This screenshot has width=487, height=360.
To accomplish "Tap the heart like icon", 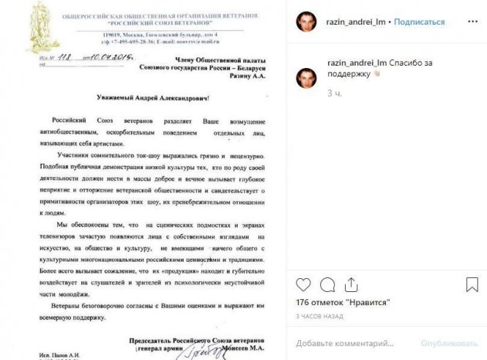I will (x=303, y=282).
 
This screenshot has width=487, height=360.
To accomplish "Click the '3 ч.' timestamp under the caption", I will (x=334, y=93).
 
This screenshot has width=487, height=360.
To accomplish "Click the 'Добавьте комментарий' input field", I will (x=347, y=342).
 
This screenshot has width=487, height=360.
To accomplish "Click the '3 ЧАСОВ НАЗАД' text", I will (x=319, y=316).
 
